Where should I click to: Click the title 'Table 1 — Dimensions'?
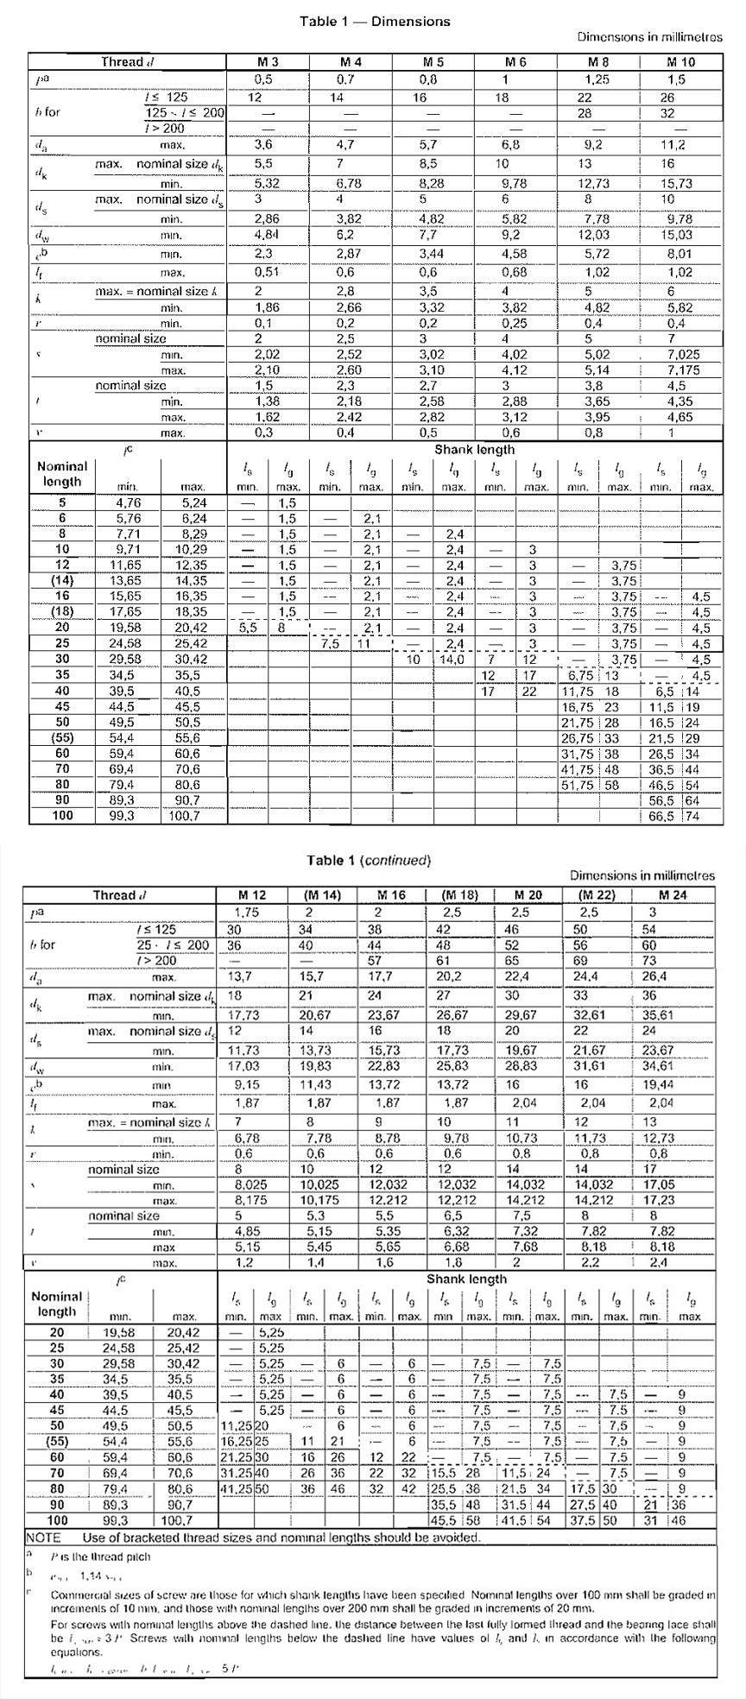tap(375, 22)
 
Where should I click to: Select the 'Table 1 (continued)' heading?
tap(369, 860)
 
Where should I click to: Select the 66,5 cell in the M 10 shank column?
tap(661, 816)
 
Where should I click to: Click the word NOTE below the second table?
tap(43, 1538)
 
